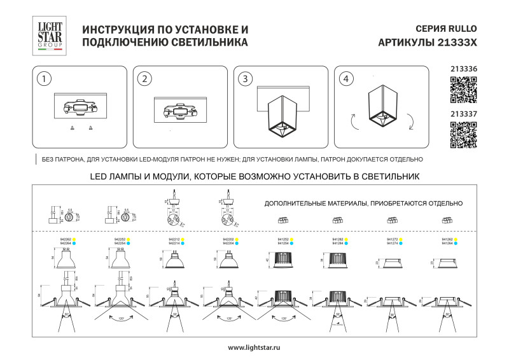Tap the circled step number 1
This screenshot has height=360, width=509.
click(x=43, y=80)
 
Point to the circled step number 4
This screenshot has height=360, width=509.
click(x=345, y=80)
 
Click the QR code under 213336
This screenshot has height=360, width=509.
click(x=463, y=89)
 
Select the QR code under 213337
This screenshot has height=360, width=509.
click(x=463, y=134)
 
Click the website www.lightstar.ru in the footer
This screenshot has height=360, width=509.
click(x=254, y=347)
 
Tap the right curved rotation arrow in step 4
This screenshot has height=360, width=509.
click(x=412, y=120)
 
